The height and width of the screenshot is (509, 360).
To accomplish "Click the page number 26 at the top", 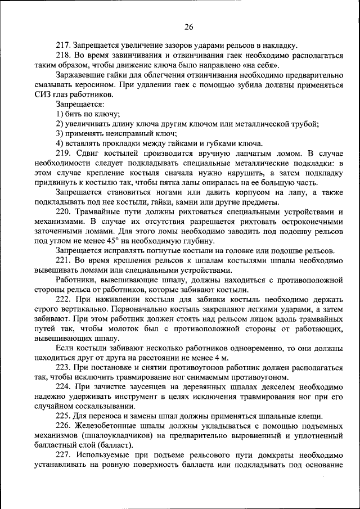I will (188, 26).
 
